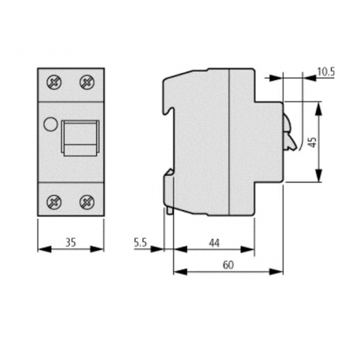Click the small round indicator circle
click(49, 123)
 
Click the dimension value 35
click(70, 244)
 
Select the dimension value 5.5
click(141, 244)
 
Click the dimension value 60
click(227, 266)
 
